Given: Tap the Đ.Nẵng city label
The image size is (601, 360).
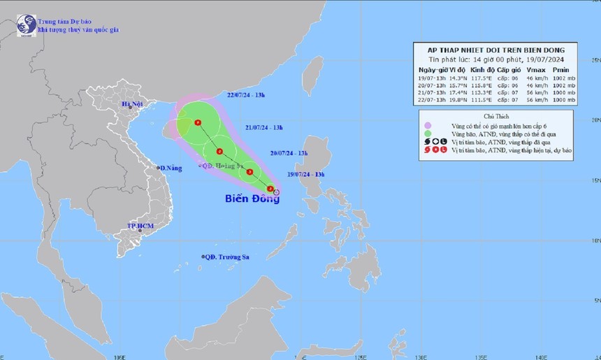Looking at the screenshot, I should (x=171, y=168).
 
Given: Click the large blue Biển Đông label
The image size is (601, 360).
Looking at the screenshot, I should (x=252, y=199).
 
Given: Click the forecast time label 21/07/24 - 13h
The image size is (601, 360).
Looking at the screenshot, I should (x=264, y=127).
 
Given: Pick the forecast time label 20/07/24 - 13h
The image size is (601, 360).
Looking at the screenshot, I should (x=289, y=152).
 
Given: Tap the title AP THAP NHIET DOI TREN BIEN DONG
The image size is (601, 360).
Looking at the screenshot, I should (x=495, y=50).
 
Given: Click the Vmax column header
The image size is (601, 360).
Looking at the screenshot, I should (x=536, y=70).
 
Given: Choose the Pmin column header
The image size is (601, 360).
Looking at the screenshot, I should (x=560, y=70).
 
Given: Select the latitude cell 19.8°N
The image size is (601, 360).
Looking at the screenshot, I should (x=457, y=101).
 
